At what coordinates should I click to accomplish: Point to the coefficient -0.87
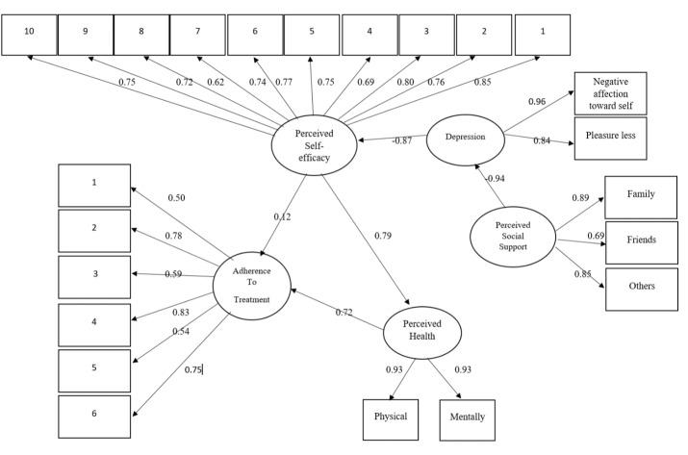[x=401, y=140]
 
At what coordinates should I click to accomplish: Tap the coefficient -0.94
[x=495, y=179]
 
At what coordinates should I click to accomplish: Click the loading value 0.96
[x=537, y=101]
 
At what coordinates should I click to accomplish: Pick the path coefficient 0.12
[x=282, y=216]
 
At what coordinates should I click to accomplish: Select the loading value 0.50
[x=176, y=198]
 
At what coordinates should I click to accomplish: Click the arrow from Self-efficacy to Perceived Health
[x=366, y=240]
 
